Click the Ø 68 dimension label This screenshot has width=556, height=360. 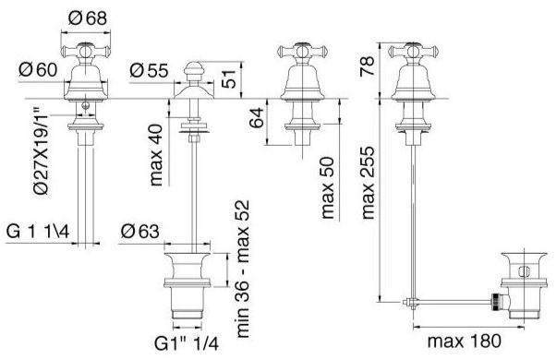point(87,18)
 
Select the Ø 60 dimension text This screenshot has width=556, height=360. point(38,69)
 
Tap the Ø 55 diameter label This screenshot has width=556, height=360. point(149,70)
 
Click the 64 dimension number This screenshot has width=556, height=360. point(257,117)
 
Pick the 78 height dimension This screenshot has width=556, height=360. point(367,66)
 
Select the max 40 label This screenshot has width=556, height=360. point(156,155)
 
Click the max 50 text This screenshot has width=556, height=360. point(327,187)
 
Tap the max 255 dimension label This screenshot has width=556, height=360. point(368,183)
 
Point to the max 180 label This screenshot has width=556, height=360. point(465,341)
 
